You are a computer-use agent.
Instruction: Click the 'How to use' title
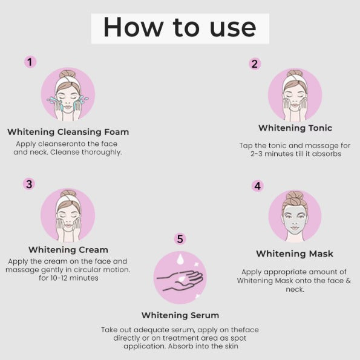(x=180, y=27)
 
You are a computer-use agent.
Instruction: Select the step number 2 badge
(x=255, y=64)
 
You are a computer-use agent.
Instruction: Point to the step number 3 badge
(x=29, y=184)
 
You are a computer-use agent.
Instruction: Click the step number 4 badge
(x=258, y=186)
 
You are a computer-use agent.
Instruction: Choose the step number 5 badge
(x=180, y=239)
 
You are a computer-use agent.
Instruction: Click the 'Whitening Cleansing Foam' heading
(x=68, y=132)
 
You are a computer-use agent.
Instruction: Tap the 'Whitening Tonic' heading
(x=295, y=128)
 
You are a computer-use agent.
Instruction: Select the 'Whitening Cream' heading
(x=68, y=249)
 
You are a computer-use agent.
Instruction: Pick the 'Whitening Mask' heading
(x=295, y=254)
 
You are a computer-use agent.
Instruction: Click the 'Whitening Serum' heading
(x=180, y=315)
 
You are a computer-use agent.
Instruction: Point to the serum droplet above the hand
(x=180, y=260)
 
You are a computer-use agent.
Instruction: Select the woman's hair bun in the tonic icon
(x=295, y=74)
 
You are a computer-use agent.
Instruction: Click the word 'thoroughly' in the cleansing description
(x=101, y=152)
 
